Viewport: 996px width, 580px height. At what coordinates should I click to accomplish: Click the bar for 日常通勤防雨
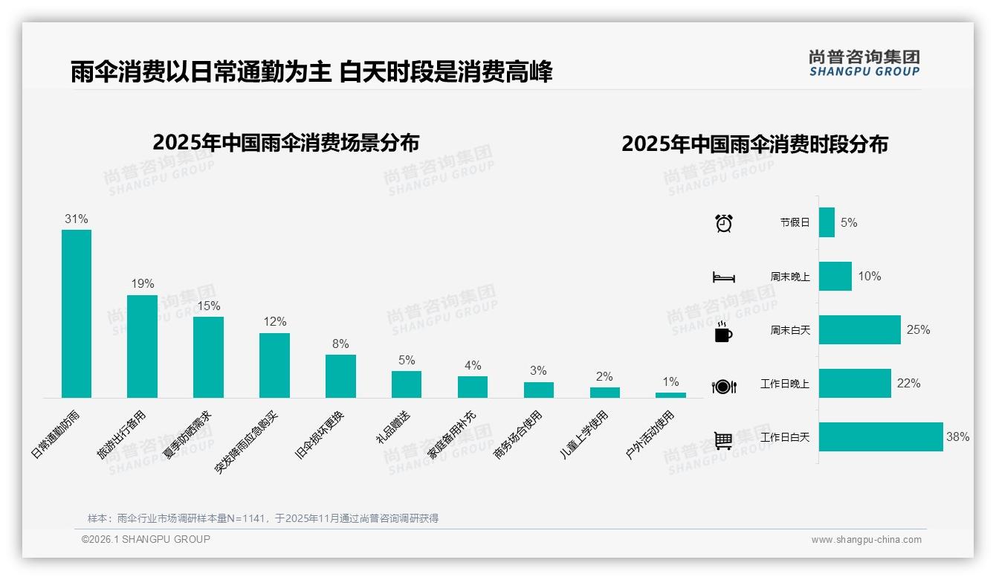point(77,313)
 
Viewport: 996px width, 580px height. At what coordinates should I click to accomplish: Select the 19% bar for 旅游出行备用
point(142,346)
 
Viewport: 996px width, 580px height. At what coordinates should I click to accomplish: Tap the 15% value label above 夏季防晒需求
point(208,306)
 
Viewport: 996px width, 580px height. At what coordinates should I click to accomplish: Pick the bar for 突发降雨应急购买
point(274,365)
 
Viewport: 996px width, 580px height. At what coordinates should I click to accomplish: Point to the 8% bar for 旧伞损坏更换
point(340,376)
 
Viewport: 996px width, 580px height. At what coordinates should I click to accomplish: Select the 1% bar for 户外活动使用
point(670,395)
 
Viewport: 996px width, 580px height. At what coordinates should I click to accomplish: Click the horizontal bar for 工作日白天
point(881,436)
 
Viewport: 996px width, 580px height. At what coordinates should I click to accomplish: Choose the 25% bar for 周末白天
point(859,329)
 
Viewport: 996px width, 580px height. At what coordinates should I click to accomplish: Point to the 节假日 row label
point(795,222)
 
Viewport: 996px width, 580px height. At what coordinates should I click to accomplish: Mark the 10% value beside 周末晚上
point(869,276)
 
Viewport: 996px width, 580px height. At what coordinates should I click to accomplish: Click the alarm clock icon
point(723,222)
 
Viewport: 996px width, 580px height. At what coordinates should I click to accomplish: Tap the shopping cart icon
point(723,440)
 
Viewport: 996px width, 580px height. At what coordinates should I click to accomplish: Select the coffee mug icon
point(723,332)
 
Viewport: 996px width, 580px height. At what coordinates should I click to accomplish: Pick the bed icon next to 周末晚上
point(723,277)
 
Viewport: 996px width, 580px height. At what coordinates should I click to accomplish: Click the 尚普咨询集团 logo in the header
point(864,62)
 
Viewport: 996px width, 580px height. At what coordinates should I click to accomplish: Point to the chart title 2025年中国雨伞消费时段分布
point(754,144)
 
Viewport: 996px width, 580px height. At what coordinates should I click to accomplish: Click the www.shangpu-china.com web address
point(866,540)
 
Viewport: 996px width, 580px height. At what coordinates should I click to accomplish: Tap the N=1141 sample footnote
point(263,518)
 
